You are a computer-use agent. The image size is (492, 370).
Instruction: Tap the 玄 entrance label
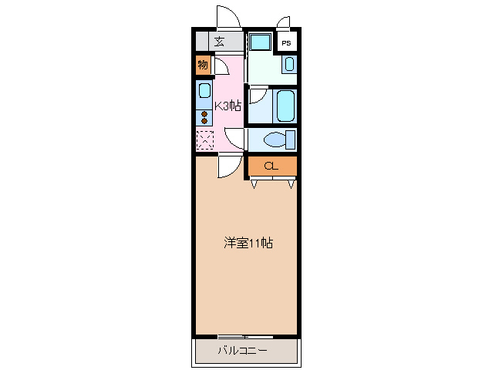point(219,42)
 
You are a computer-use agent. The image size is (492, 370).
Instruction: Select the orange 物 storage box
point(202,65)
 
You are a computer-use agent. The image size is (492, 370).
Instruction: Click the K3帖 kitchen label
point(227,106)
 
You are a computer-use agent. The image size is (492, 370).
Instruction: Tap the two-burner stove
point(204,117)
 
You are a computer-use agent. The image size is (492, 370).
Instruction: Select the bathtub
point(285,106)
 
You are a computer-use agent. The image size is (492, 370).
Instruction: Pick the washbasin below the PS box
point(288,65)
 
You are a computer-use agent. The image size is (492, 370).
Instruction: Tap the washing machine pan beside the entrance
point(260,42)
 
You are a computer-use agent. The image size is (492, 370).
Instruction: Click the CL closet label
point(271,166)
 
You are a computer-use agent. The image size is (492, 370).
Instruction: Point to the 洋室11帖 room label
point(248,243)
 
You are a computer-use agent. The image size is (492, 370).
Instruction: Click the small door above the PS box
point(285,22)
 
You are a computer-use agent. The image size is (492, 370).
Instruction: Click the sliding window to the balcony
point(244,337)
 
